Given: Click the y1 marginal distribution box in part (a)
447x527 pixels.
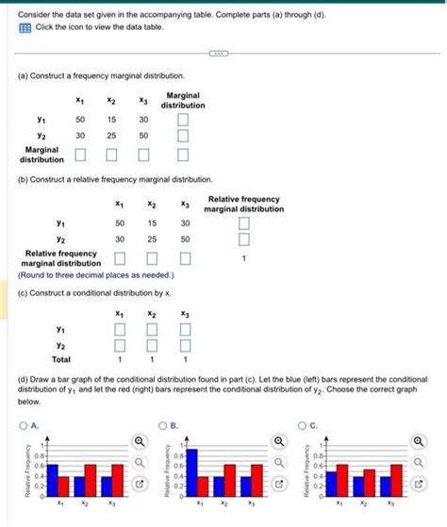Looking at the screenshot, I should click(x=183, y=120).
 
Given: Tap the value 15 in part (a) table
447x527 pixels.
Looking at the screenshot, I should click(x=111, y=120).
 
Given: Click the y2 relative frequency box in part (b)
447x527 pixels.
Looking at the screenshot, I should click(x=243, y=239).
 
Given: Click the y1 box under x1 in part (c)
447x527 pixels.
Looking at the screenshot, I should click(x=119, y=328).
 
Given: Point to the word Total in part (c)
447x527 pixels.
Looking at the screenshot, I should click(x=61, y=359).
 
